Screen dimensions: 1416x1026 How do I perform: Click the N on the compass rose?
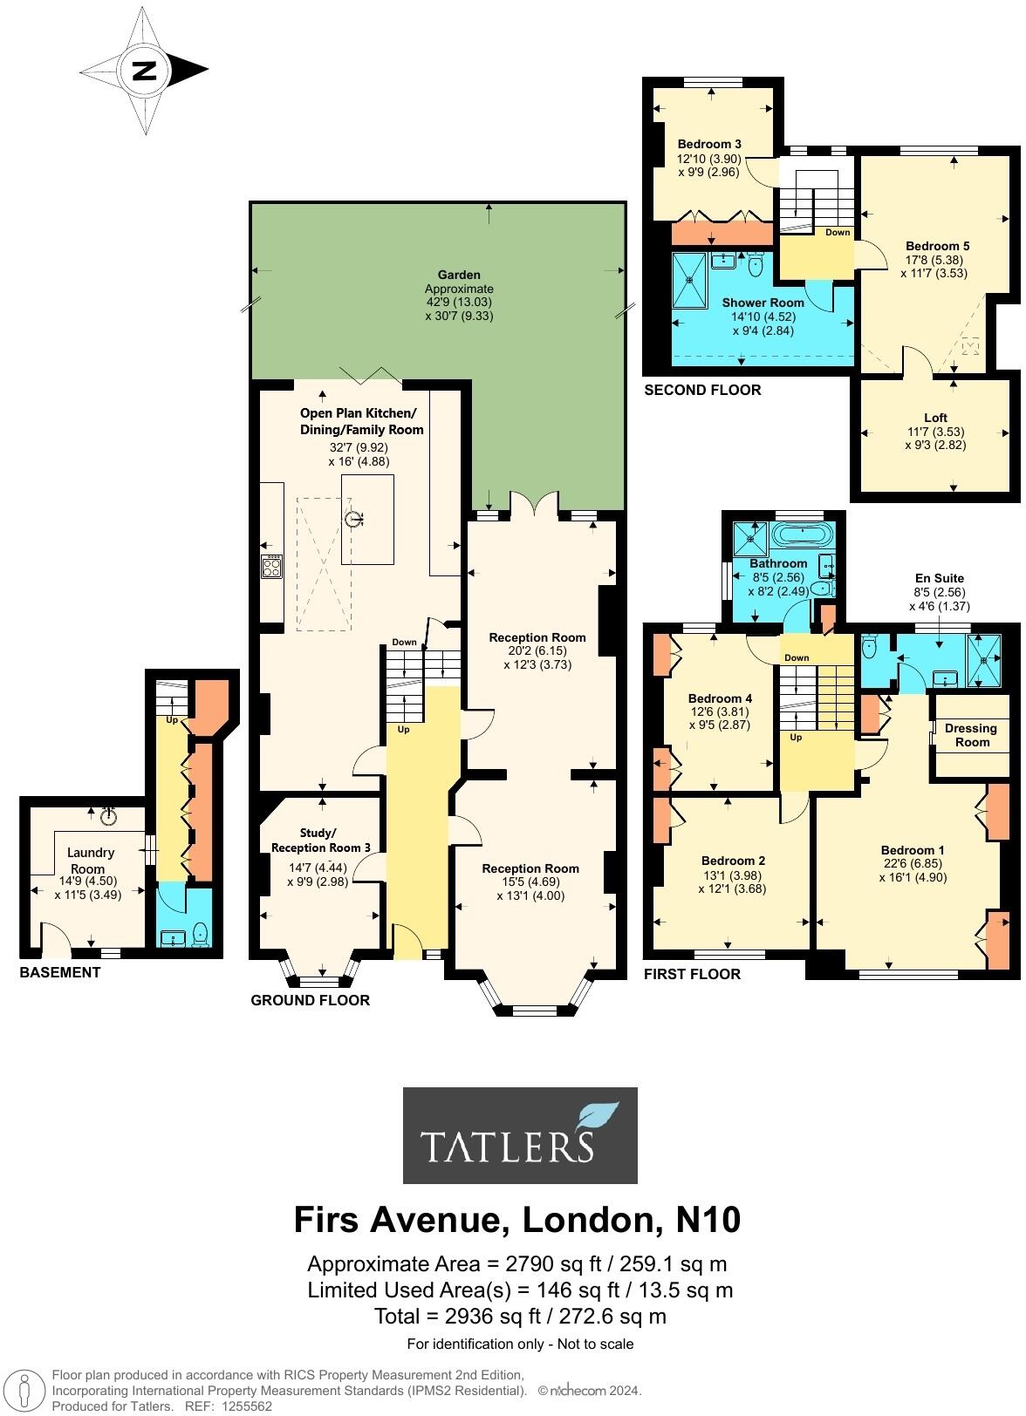pos(143,71)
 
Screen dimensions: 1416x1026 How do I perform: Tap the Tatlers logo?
pos(520,1134)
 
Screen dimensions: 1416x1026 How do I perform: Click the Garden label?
pos(459,275)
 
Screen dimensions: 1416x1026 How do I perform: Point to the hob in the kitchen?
pos(272,567)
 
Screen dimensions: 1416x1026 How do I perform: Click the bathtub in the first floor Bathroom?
pos(804,534)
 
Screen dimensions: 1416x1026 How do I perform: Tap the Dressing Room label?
pos(971,735)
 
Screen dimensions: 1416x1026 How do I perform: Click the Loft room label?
pos(935,418)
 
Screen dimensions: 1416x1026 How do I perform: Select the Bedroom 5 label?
pos(937,246)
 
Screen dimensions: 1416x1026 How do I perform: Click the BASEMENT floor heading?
pos(60,972)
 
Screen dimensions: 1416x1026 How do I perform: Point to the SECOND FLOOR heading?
pos(702,390)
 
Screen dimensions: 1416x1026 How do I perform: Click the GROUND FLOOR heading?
pos(310,1000)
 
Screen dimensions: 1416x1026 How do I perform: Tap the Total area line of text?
pos(520,1316)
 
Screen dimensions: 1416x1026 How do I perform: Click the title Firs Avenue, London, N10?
pos(517,1219)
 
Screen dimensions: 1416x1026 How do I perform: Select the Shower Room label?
pos(763,303)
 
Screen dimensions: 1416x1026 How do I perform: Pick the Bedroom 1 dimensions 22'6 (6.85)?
pos(913,864)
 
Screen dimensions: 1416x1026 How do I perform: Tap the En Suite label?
pos(939,578)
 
